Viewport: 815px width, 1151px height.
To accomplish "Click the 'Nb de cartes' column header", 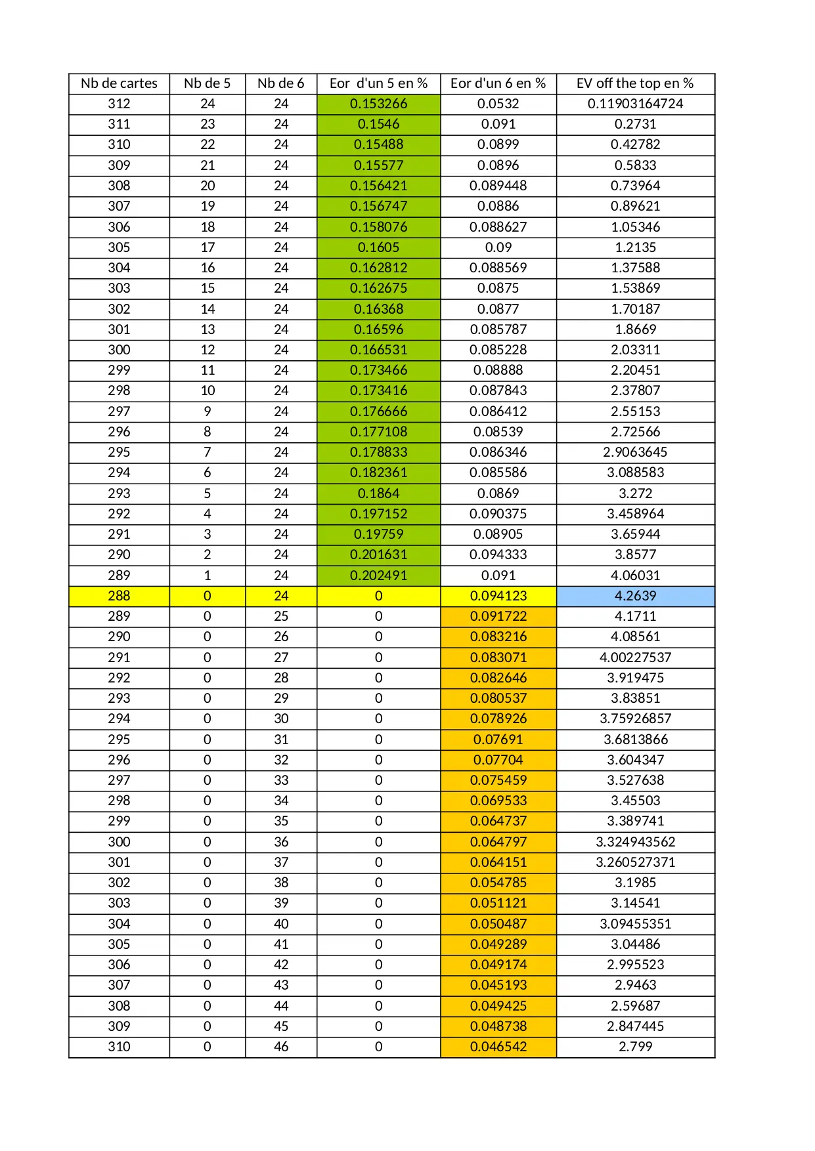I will (x=119, y=83).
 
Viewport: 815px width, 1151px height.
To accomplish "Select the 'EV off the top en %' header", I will (x=635, y=83).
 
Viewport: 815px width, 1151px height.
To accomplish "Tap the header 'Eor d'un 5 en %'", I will (x=378, y=83).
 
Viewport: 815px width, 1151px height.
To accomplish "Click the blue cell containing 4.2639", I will (x=635, y=596).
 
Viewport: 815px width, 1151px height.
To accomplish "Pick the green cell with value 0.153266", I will (x=378, y=104).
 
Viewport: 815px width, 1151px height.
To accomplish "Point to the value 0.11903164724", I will (x=635, y=104).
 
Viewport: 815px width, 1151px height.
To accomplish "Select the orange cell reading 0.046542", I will (x=498, y=1047).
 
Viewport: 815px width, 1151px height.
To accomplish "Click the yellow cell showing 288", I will (x=119, y=596).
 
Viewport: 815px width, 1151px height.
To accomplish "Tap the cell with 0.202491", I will (x=378, y=575).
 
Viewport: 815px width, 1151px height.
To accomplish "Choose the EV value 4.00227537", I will (x=635, y=658).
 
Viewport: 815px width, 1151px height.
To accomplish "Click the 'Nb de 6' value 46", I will (x=281, y=1047).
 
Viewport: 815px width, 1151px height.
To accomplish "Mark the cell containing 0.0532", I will (x=498, y=104).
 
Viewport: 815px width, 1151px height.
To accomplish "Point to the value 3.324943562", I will (x=635, y=842).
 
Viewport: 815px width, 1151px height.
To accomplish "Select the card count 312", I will (x=119, y=104).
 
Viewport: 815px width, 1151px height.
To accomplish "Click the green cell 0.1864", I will (x=378, y=493).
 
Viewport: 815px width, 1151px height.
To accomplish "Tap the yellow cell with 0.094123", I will (x=498, y=596).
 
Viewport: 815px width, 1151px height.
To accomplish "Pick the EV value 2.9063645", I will (x=635, y=452).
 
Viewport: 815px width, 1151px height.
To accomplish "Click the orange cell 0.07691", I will (x=498, y=740).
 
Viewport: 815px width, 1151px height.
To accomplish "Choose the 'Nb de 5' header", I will (x=208, y=83).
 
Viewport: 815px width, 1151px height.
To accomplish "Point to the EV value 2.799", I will (x=635, y=1047).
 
